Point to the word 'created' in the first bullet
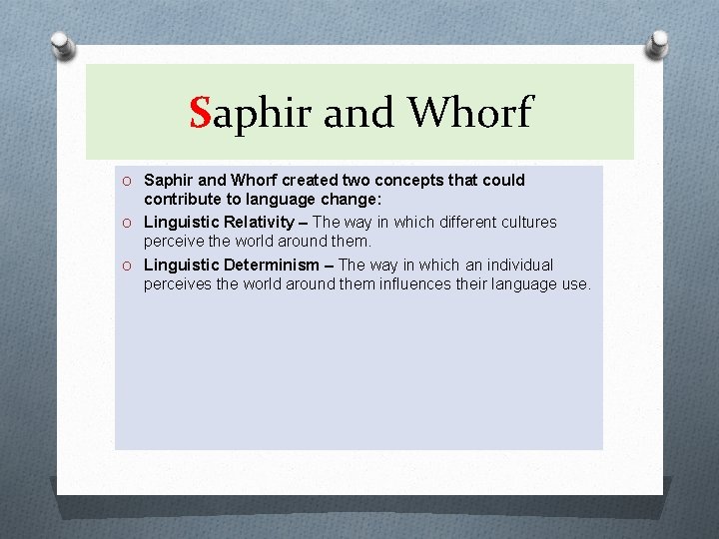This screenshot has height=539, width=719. point(309,181)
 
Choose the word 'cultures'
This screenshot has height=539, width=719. point(529,222)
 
